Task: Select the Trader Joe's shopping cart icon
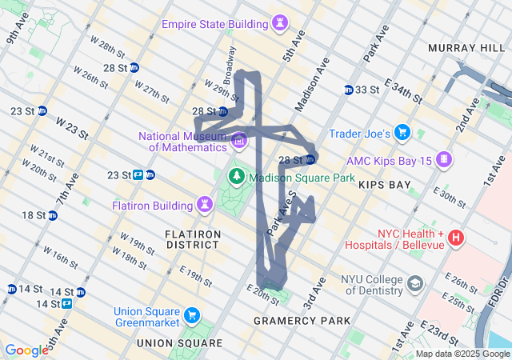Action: (x=402, y=133)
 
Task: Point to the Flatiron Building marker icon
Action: (x=206, y=204)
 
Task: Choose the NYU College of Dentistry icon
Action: (x=415, y=283)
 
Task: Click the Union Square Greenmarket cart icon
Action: (x=192, y=315)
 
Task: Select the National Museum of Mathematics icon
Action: (x=238, y=142)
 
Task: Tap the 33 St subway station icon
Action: (x=349, y=90)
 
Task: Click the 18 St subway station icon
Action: (x=52, y=215)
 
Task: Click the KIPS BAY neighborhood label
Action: (x=384, y=185)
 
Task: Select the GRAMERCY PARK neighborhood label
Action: (x=302, y=321)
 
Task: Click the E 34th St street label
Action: (x=403, y=90)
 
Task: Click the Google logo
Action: (x=26, y=350)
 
